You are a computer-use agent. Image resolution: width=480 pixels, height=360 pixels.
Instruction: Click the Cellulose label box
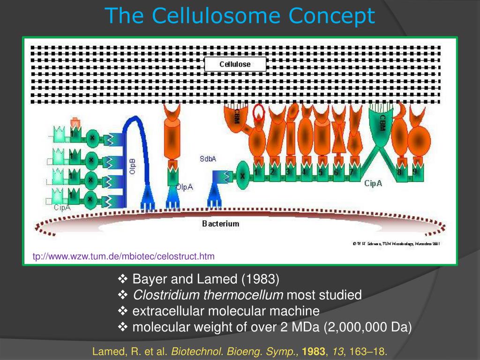pos(235,64)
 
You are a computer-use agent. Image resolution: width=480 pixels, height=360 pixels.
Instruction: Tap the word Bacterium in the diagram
pos(221,224)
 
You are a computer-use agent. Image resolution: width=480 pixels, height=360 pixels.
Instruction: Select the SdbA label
pos(208,159)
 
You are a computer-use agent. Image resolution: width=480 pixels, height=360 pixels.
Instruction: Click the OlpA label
pos(185,187)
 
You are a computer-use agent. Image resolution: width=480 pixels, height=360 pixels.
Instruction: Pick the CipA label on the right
pos(373,183)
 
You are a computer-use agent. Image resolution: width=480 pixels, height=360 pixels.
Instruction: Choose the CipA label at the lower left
pos(62,207)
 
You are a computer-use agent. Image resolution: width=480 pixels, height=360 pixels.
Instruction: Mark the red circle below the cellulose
pos(259,113)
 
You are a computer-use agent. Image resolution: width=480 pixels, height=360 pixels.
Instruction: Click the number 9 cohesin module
pos(415,172)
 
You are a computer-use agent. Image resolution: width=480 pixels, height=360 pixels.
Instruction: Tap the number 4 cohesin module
pos(304,172)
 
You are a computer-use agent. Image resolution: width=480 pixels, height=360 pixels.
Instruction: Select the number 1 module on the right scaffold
pos(256,172)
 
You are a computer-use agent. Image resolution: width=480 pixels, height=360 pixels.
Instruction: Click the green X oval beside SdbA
pos(242,175)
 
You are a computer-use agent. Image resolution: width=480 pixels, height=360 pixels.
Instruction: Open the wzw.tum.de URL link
pos(123,256)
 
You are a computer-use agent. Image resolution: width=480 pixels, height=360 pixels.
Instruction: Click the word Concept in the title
pos(332,15)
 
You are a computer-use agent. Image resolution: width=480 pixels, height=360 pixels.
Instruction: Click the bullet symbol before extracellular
pos(123,311)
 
